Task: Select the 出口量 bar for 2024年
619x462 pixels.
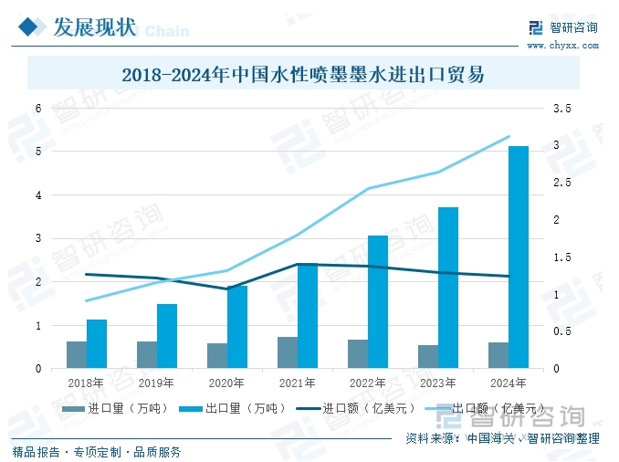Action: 518,257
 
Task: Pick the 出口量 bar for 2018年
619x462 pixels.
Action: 97,344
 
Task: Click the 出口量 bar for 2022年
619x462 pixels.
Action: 378,302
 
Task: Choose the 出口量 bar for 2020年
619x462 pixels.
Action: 237,327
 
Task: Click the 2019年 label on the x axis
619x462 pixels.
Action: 156,383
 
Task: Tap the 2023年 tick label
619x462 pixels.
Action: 437,383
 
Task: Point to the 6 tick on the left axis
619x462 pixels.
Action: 38,109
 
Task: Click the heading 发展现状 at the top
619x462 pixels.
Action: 94,27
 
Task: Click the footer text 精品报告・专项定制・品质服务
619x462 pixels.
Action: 96,451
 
